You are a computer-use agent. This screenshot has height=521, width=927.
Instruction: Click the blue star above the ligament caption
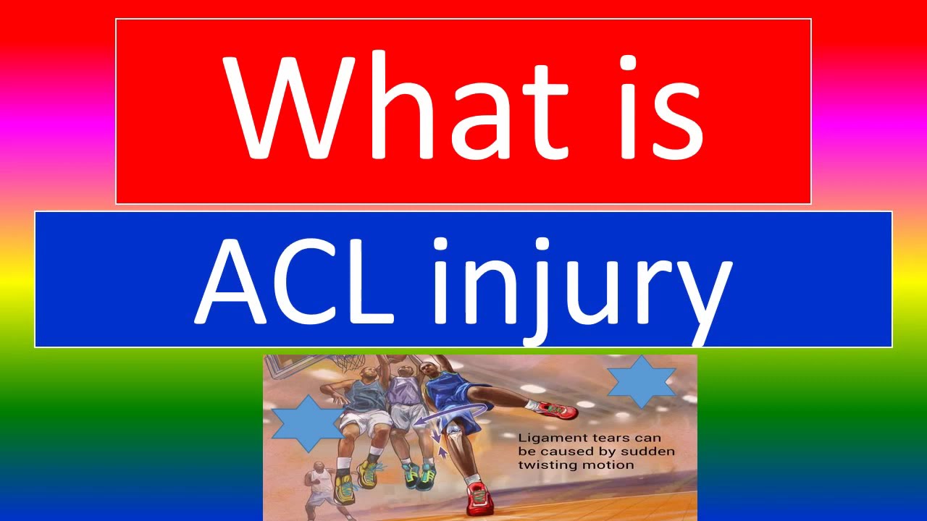[641, 381]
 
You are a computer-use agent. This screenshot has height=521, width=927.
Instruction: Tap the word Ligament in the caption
[547, 438]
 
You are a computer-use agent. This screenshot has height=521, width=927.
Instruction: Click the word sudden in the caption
[645, 452]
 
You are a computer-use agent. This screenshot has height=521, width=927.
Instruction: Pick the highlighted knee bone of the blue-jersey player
[453, 434]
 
